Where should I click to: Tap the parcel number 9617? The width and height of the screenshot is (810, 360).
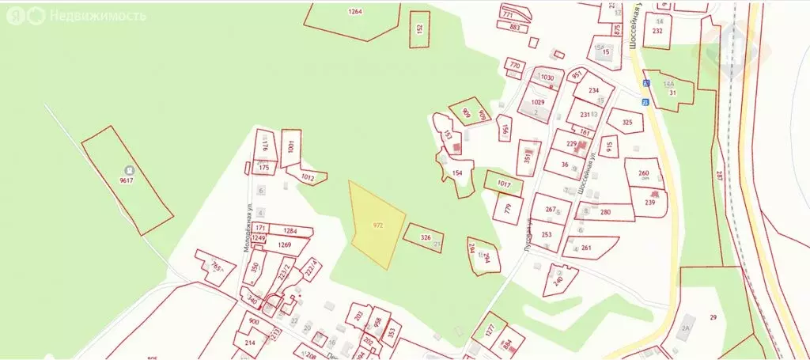tap(126, 181)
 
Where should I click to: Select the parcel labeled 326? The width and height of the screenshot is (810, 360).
tap(425, 237)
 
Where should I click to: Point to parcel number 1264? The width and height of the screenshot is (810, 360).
tap(354, 11)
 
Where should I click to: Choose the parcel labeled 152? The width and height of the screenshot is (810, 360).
tap(420, 28)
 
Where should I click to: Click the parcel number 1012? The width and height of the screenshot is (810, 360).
tap(308, 179)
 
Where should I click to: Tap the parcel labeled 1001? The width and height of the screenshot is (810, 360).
tap(291, 146)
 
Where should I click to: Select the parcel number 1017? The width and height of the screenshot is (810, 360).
tap(505, 184)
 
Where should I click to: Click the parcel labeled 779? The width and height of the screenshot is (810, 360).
tap(508, 209)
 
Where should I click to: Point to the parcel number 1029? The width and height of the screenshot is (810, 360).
tap(538, 102)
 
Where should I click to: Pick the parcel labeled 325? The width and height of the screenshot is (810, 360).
tap(627, 123)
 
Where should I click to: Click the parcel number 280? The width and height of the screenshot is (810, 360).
tap(605, 212)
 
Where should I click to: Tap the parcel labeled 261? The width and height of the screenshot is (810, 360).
tap(586, 248)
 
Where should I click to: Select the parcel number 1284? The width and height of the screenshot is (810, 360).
tap(290, 231)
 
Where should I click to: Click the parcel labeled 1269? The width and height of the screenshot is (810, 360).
tap(285, 244)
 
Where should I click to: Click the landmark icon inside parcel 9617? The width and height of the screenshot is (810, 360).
tap(128, 169)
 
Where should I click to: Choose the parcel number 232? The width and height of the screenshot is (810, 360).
tap(657, 31)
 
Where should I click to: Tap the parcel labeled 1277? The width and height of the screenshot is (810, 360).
tap(489, 328)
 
